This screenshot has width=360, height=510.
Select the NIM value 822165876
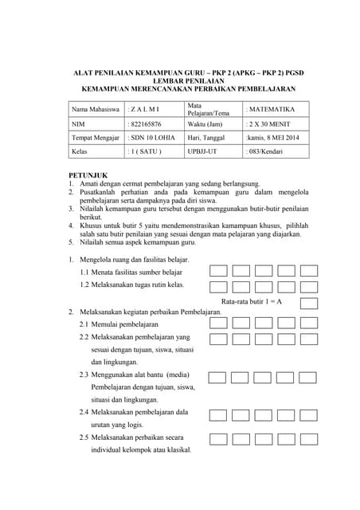[x=147, y=124]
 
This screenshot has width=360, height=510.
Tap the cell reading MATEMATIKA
[x=271, y=109]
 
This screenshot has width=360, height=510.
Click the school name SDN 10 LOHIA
[x=154, y=138]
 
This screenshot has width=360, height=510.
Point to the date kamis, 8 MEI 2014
[x=272, y=138]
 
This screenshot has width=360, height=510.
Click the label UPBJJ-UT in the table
[x=202, y=151]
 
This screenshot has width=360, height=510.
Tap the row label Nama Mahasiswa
[x=96, y=109]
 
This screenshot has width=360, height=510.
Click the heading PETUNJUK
[x=88, y=175]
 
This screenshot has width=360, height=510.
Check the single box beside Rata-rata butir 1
[x=309, y=303]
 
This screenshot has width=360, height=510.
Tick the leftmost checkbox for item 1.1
[x=218, y=271]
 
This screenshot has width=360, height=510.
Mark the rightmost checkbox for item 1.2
[x=309, y=286]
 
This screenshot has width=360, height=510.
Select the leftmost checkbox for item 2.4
[x=218, y=414]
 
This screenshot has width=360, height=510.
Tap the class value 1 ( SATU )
[x=147, y=151]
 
